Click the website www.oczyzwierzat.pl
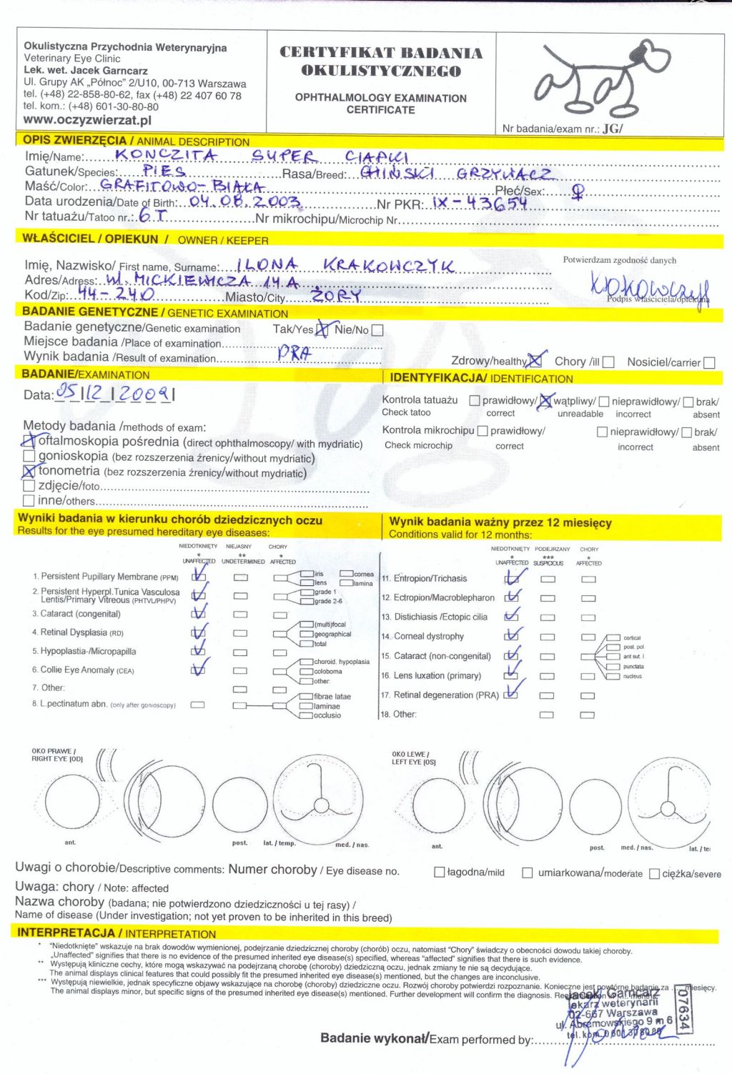pos(87,120)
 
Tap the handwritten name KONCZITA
pos(166,154)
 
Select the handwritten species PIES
pos(164,171)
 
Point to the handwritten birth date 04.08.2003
pos(245,202)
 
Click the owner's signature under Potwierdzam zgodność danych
pos(648,287)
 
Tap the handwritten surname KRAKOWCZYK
pos(388,266)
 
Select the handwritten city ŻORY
pos(336,295)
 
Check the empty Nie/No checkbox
pos(377,330)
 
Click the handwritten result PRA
pos(293,352)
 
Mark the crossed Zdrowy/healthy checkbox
pos(535,362)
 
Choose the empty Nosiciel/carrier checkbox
pos(709,362)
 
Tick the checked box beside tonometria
pos(29,472)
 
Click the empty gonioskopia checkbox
pos(29,456)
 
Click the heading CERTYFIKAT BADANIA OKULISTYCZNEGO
pos(381,61)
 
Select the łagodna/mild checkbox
pos(440,872)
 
